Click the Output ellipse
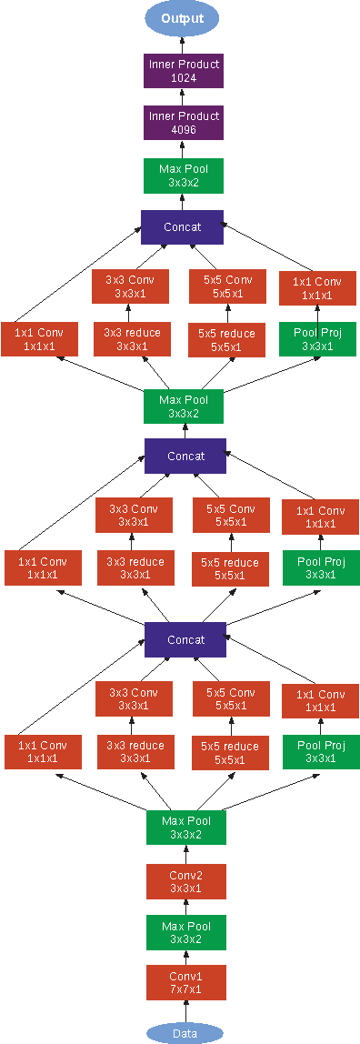[182, 18]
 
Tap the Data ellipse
[185, 1032]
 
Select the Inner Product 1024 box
[184, 72]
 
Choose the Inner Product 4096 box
[184, 124]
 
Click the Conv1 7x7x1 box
[185, 983]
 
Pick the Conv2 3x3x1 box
[185, 881]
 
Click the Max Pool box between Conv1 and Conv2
[185, 932]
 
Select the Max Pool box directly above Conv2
[185, 827]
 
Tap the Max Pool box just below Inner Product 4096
[184, 176]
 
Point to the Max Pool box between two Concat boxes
[184, 406]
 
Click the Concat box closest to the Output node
[183, 226]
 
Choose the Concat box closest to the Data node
[185, 639]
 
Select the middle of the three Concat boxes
[185, 456]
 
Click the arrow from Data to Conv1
[185, 1011]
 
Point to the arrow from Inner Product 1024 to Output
[184, 45]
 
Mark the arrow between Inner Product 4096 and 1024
[184, 97]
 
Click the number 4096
[184, 130]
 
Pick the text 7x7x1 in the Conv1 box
[185, 989]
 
